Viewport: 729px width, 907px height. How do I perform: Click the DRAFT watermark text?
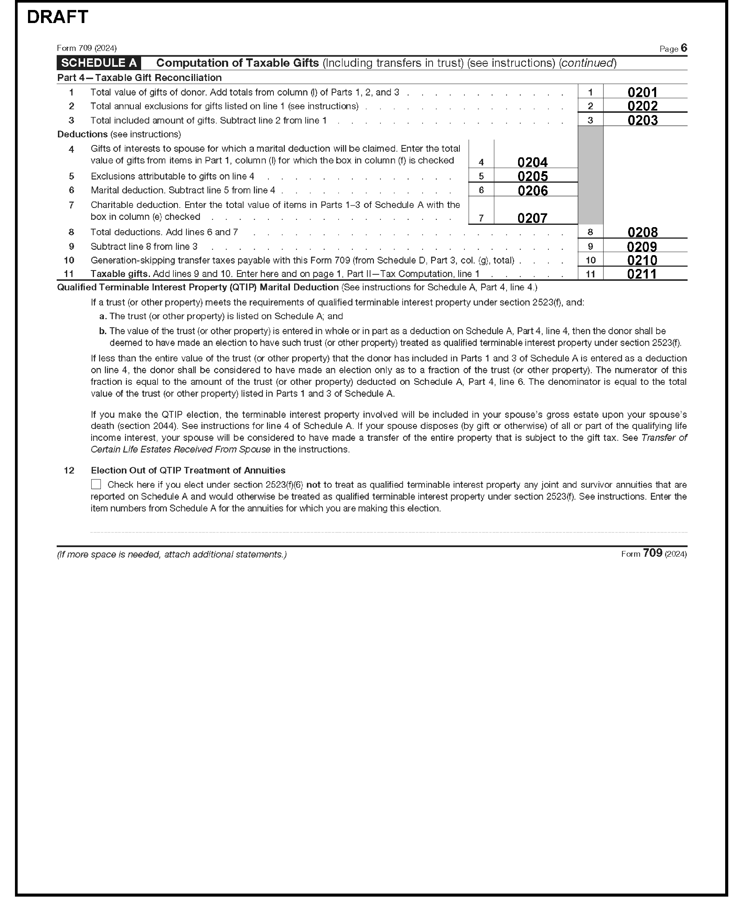pos(58,17)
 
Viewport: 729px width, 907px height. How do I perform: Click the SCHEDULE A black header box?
pos(99,63)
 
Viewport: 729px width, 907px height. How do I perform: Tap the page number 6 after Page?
pos(684,48)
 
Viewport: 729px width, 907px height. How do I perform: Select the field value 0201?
pos(642,92)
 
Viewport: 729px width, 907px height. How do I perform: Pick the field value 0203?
pos(642,120)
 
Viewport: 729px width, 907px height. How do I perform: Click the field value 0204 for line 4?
pos(532,162)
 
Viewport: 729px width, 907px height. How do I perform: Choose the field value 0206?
pos(532,191)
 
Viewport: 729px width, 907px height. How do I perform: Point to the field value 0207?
pos(532,218)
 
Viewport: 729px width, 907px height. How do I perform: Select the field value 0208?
pos(642,232)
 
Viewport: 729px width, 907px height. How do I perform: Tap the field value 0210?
pos(642,260)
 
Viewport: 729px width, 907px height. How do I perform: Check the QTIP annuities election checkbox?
pos(96,484)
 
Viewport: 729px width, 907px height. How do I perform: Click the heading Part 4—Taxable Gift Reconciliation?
pos(139,78)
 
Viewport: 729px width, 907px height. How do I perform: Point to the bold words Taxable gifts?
pos(120,274)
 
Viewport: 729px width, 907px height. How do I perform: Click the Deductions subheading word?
pos(82,134)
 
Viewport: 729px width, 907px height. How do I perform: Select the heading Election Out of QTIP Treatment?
pos(188,470)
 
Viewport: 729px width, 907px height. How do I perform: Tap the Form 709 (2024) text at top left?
pos(87,48)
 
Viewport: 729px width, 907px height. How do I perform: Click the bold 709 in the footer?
pos(652,553)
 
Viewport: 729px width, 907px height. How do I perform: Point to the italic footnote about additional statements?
pos(171,554)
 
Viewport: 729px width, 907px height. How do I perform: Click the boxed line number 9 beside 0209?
pos(590,247)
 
